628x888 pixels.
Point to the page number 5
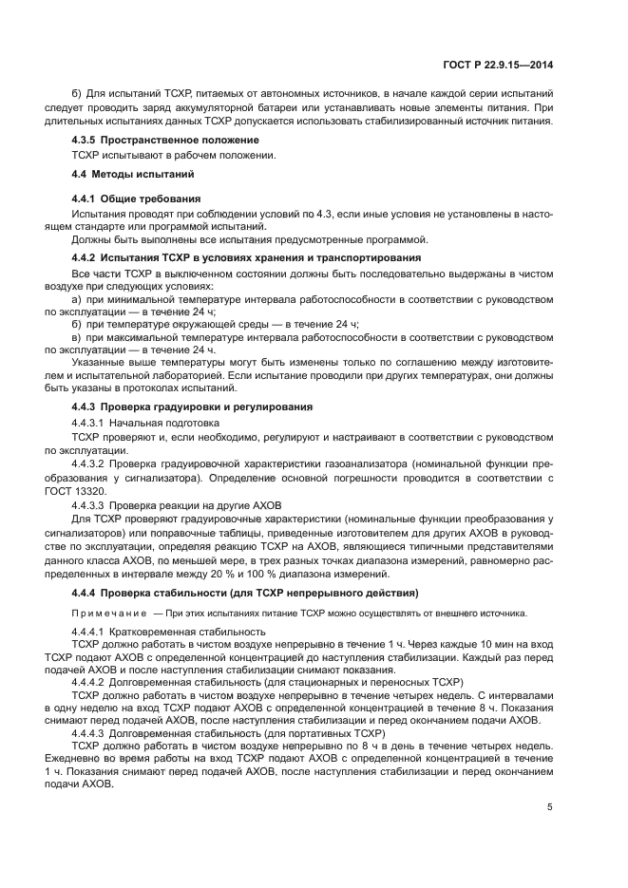tap(549, 807)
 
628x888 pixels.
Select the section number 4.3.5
tap(87, 140)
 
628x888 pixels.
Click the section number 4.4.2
tap(87, 258)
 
